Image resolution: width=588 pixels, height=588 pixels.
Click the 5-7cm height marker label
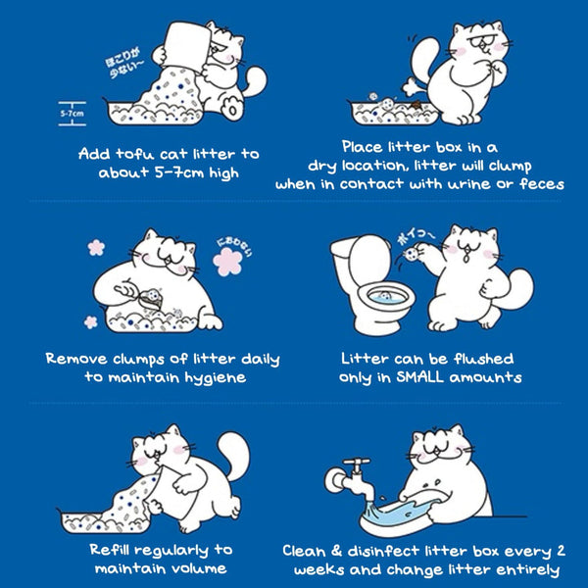[70, 113]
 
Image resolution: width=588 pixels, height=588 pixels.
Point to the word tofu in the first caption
[135, 154]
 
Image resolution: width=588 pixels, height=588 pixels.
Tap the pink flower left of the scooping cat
[96, 247]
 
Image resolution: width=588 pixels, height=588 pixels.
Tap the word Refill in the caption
[118, 550]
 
